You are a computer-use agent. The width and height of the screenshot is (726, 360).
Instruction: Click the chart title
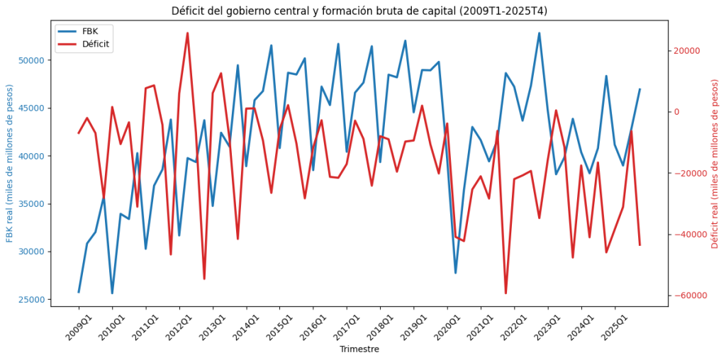(x=359, y=11)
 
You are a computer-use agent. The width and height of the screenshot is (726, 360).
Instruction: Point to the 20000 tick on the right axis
(x=686, y=51)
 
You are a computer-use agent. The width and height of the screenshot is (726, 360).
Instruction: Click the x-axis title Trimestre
(x=359, y=349)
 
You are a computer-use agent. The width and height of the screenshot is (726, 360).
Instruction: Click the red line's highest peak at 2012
(x=187, y=33)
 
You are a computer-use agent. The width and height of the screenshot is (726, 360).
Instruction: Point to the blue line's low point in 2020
(x=455, y=272)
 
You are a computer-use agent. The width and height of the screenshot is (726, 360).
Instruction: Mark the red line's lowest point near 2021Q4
(x=506, y=293)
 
